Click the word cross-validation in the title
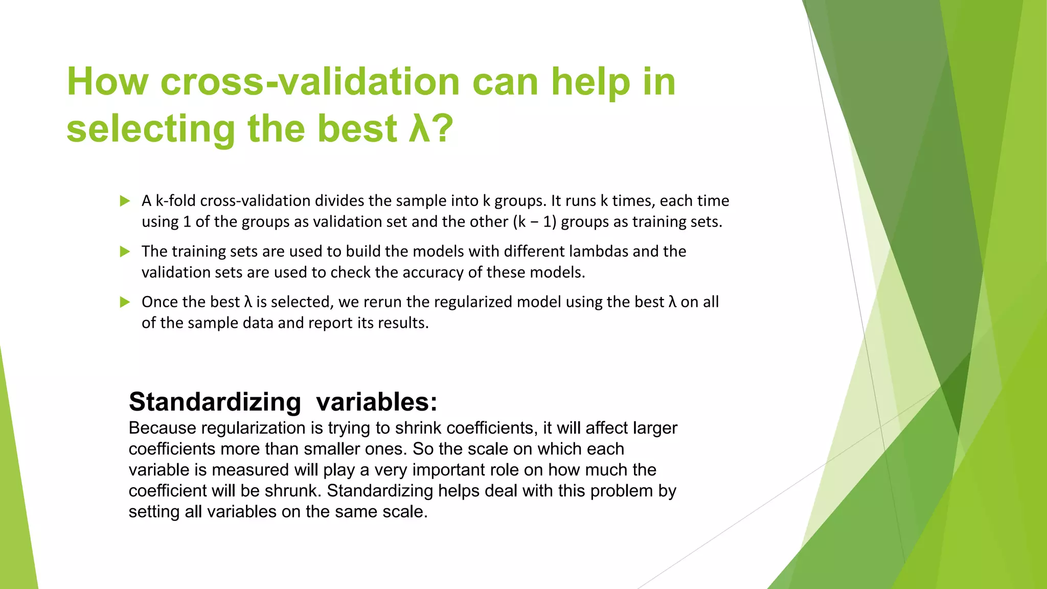310,82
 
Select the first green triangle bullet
125,201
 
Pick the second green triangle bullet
125,252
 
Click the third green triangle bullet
125,302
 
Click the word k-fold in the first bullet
175,201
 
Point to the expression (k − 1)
534,222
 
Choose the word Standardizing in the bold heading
215,402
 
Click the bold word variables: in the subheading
377,402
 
